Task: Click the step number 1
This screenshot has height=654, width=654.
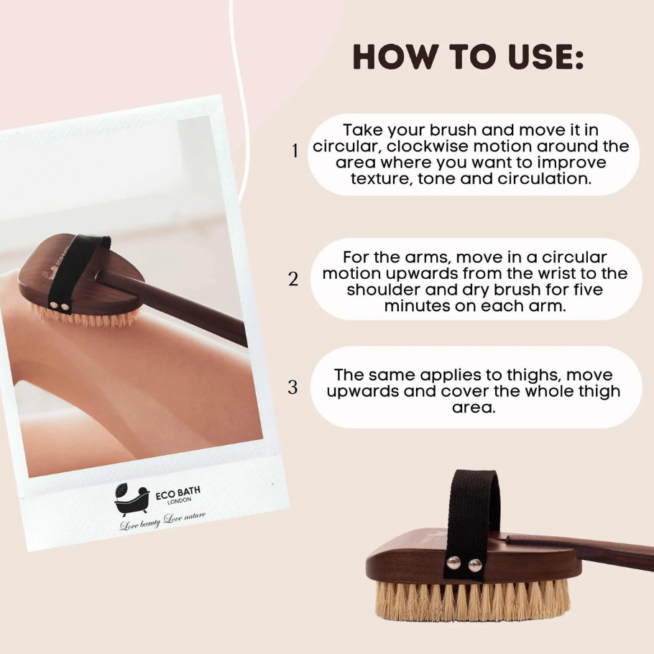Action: (295, 151)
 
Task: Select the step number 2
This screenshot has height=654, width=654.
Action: (294, 279)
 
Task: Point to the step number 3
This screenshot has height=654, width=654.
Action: (293, 387)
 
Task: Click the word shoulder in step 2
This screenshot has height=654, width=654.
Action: (381, 290)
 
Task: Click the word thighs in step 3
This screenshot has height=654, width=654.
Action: (534, 375)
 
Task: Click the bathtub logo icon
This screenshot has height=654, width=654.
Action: (132, 499)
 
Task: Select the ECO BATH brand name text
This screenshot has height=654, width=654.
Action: (178, 493)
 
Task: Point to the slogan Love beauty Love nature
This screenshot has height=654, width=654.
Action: (162, 520)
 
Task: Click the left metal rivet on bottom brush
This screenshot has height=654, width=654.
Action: (453, 563)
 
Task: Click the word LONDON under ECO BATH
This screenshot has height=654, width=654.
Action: (180, 501)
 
